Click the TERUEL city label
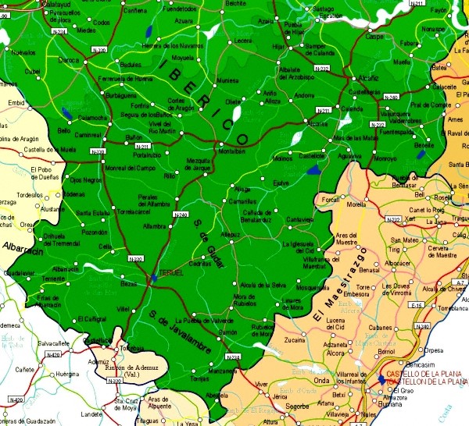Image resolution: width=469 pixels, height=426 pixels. point(170,272)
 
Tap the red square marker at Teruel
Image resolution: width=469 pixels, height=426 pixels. point(153,278)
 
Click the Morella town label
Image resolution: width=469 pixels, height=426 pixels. point(356,204)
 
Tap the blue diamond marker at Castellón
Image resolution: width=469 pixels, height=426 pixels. point(381,378)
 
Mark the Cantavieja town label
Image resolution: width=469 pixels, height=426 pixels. point(300,220)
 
